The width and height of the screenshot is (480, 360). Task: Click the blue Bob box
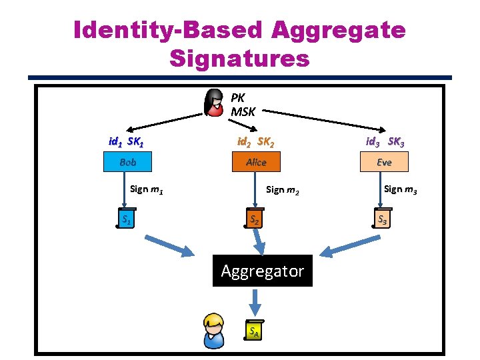(127, 162)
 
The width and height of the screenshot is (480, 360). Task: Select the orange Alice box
(256, 162)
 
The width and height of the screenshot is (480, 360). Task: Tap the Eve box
(384, 162)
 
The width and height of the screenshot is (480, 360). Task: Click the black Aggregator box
(262, 271)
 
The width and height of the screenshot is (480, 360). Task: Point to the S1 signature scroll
(126, 219)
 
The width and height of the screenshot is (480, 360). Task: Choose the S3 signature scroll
(382, 219)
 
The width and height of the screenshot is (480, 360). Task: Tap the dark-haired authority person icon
(214, 102)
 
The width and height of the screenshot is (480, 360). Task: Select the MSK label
(243, 111)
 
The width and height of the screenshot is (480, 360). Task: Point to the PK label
(238, 97)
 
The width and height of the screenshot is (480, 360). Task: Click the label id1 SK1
(127, 142)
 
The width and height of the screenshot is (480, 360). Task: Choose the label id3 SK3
(384, 142)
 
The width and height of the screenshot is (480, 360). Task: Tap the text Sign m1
(147, 189)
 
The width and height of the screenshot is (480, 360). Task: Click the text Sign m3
(401, 189)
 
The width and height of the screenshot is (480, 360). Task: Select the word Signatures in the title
(240, 59)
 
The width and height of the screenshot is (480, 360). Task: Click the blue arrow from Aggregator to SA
(254, 306)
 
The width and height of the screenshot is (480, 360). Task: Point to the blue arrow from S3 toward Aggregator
(344, 249)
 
